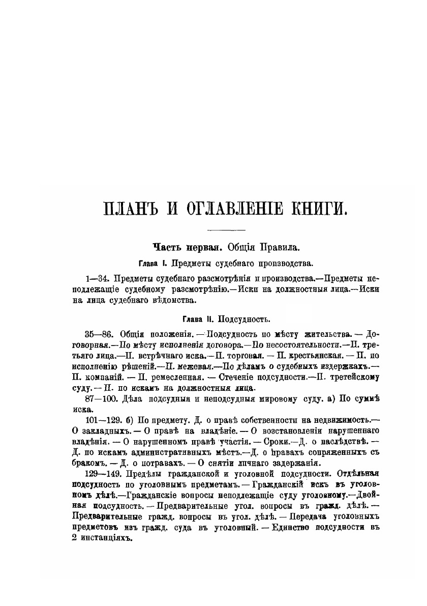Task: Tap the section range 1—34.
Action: pyautogui.click(x=98, y=279)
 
